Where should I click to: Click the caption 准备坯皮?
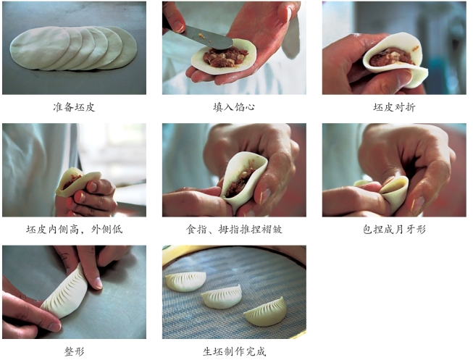tap(74, 107)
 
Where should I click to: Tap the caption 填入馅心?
tap(234, 107)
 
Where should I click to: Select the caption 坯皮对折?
tap(394, 107)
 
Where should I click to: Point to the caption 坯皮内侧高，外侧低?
tap(74, 230)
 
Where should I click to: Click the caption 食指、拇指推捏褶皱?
tap(234, 230)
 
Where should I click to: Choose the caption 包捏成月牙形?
tap(394, 230)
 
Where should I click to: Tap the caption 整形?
tap(74, 351)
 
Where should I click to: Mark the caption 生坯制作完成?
tap(234, 351)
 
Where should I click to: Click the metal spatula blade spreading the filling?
tap(208, 38)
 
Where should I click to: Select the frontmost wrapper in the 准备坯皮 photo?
tap(40, 48)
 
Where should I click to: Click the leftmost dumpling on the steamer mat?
tap(186, 281)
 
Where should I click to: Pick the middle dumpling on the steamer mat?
tap(222, 297)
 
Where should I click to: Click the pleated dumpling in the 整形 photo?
tap(65, 292)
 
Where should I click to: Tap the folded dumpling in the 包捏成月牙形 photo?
tap(394, 192)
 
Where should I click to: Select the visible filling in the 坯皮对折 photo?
tap(392, 57)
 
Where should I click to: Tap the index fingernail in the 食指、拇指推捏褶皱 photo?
tap(265, 196)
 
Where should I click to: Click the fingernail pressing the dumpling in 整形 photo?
tap(99, 282)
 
